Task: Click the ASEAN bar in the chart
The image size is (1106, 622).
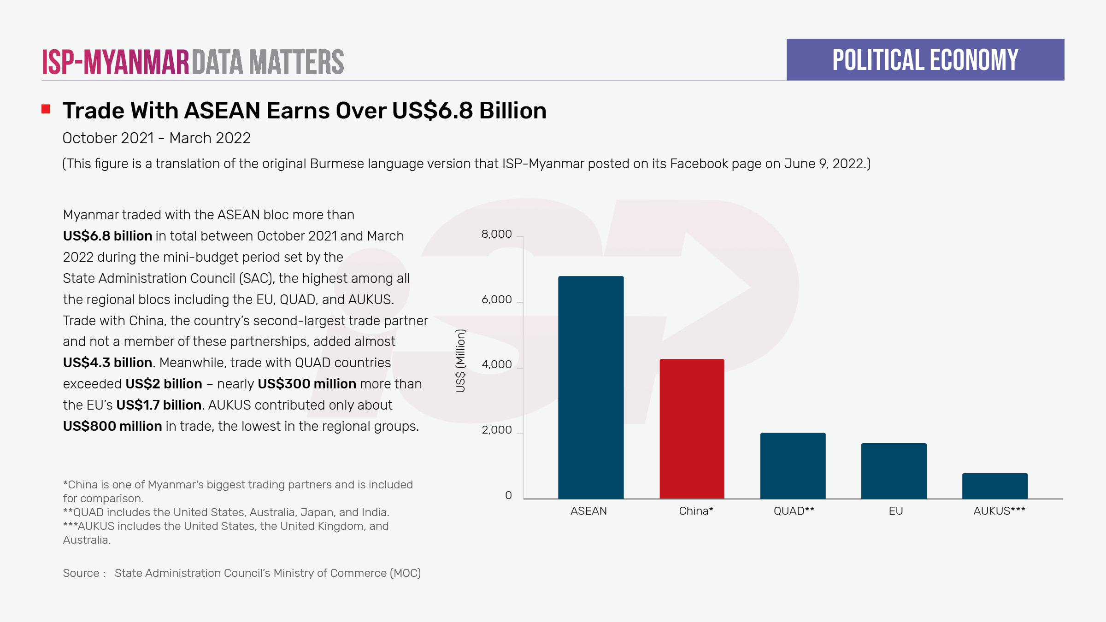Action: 591,387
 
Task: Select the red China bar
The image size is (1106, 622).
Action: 692,428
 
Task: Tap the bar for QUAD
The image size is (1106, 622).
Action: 793,465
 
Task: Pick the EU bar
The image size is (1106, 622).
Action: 894,470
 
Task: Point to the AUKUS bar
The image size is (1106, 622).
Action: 994,486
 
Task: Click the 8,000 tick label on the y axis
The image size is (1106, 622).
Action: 496,234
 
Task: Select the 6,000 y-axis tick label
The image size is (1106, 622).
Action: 496,299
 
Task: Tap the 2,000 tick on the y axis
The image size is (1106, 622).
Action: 496,430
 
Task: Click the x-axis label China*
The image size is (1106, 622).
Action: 696,511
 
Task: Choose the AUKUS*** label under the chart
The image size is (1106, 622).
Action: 999,511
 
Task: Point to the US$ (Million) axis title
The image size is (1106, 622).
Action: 460,361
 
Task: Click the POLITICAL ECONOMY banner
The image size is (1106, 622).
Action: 925,60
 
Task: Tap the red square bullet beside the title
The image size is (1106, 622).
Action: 46,109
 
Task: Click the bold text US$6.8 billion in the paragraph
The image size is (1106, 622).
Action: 107,236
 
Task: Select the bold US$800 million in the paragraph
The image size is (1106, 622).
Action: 112,426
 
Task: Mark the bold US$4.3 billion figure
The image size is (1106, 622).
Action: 107,363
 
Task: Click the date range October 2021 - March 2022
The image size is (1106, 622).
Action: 156,138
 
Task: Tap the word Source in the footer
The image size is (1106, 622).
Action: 81,573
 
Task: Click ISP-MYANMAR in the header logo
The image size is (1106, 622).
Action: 115,62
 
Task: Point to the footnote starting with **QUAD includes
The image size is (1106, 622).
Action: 226,512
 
